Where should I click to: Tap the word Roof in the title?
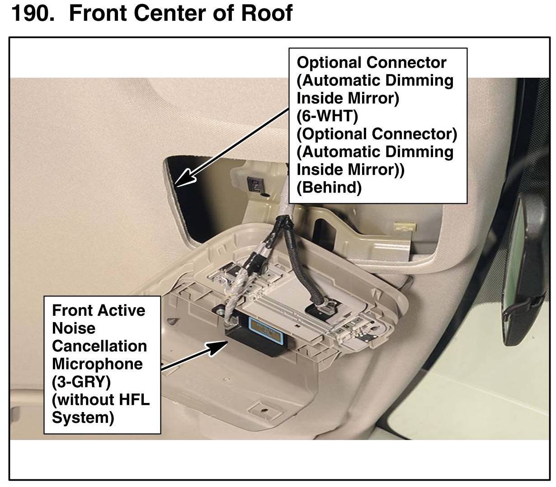pyautogui.click(x=266, y=14)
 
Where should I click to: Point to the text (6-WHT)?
pyautogui.click(x=327, y=116)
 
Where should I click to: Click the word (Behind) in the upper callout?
pyautogui.click(x=329, y=187)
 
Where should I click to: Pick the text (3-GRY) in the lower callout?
pyautogui.click(x=81, y=382)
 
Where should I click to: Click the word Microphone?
pyautogui.click(x=97, y=364)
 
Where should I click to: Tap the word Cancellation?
pyautogui.click(x=99, y=346)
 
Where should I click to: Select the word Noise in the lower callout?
pyautogui.click(x=74, y=328)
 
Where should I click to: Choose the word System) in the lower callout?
pyautogui.click(x=83, y=417)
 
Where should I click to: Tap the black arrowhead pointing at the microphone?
pyautogui.click(x=220, y=345)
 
